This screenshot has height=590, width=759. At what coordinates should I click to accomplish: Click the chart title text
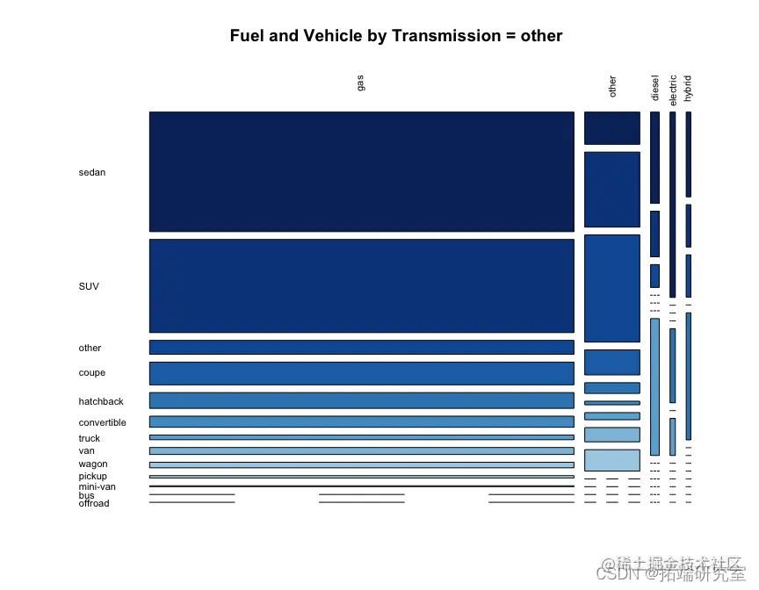click(x=395, y=36)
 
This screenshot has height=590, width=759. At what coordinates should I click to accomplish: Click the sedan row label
click(x=91, y=172)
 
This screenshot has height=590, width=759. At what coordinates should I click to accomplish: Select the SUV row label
click(x=89, y=286)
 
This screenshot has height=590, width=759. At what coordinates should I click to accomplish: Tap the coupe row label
click(x=91, y=373)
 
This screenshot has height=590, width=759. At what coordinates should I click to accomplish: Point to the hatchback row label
click(x=101, y=401)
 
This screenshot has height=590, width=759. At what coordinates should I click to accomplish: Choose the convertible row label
click(x=102, y=422)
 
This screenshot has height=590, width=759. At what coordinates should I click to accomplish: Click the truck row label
click(x=89, y=438)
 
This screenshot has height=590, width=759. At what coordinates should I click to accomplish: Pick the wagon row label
click(x=92, y=464)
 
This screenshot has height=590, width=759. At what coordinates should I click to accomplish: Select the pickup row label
click(x=92, y=476)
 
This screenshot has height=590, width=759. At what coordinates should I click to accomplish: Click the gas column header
click(x=360, y=83)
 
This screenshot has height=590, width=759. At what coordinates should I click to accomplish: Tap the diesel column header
click(x=654, y=87)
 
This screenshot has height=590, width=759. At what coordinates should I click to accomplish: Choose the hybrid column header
click(x=688, y=87)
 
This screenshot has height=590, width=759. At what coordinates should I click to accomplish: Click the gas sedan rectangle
click(x=361, y=171)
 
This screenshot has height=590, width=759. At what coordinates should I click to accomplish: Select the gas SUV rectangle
click(x=361, y=285)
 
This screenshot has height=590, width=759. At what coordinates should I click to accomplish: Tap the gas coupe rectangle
click(x=361, y=373)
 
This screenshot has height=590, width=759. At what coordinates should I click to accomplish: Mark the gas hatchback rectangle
click(x=361, y=400)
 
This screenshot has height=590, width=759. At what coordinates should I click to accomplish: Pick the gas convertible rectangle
click(x=361, y=421)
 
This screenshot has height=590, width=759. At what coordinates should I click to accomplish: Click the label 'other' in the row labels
click(x=90, y=349)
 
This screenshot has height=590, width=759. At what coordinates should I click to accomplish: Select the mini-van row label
click(x=97, y=486)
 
